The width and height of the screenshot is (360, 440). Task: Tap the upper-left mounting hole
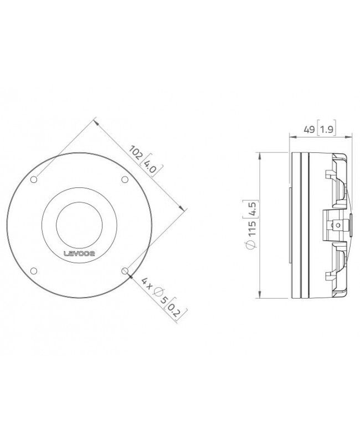click(x=34, y=179)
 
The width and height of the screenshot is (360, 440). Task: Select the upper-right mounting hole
click(x=125, y=179)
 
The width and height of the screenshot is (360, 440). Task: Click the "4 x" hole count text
click(x=146, y=284)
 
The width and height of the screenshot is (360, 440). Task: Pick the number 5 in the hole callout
click(x=164, y=301)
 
